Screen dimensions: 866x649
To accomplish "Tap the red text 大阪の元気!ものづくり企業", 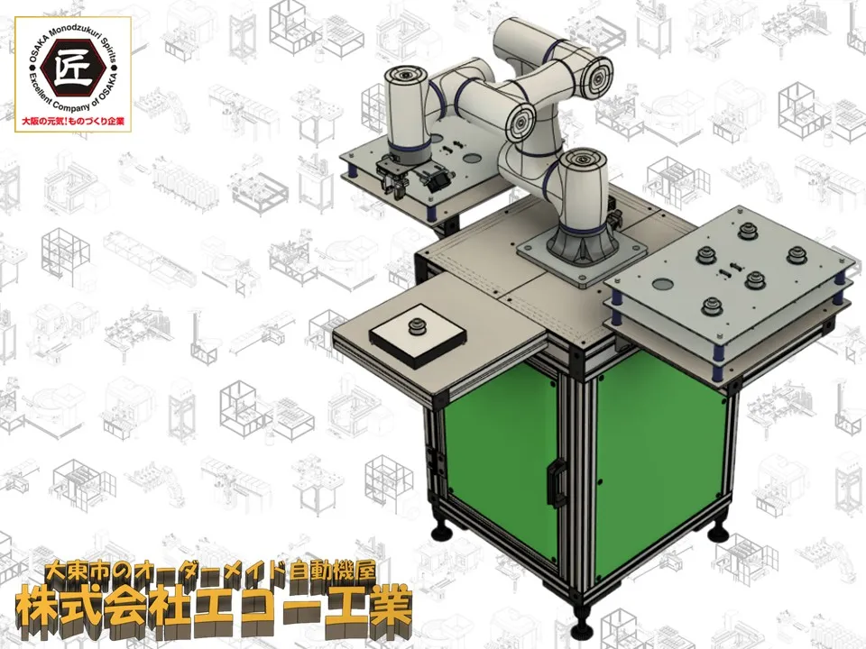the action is point(72,120).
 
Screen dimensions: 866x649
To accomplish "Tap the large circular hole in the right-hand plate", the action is point(662,285).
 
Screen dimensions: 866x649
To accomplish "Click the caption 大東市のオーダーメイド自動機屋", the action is point(210,571).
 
